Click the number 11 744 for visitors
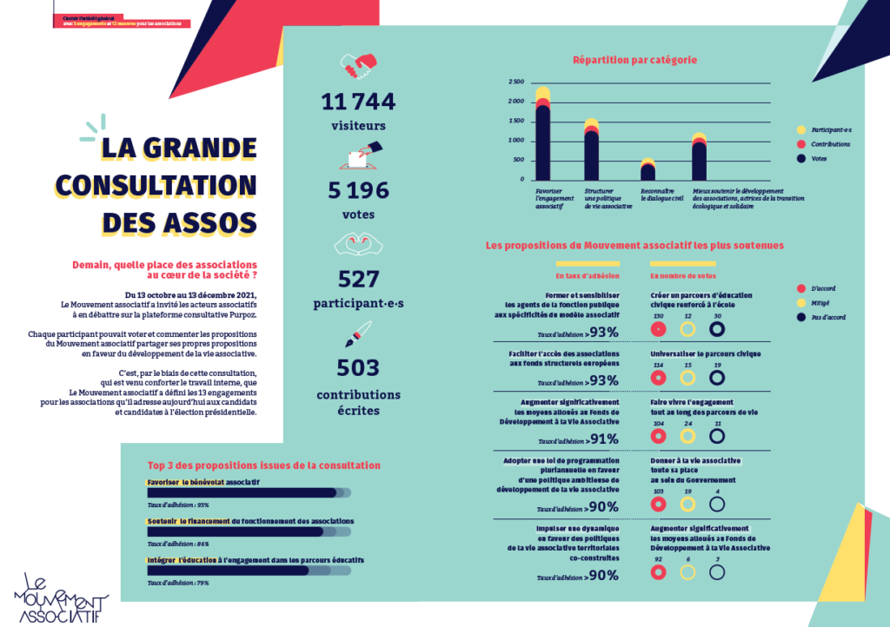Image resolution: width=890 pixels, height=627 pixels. (x=358, y=102)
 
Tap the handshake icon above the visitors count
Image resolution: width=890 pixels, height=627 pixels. (x=358, y=65)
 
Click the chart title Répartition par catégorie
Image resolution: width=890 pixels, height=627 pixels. (x=634, y=60)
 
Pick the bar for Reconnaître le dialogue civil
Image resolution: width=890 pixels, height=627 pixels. (x=648, y=169)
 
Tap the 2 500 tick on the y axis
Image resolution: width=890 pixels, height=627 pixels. (x=516, y=82)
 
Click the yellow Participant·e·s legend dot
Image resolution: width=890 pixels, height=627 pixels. (x=802, y=129)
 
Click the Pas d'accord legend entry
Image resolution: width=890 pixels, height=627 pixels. (x=825, y=317)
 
